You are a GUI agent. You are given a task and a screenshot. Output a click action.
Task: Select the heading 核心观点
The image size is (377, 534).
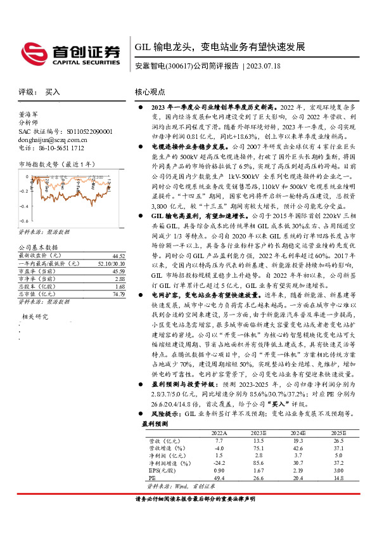[150, 92]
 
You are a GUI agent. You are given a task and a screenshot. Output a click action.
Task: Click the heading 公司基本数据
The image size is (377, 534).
[38, 247]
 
